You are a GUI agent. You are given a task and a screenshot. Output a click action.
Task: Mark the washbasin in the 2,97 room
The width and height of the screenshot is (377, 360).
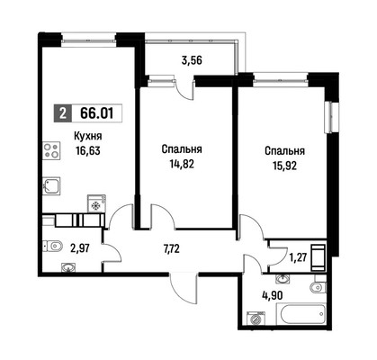(69, 266)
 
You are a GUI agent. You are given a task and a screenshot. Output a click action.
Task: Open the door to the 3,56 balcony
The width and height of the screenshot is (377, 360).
(186, 91)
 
